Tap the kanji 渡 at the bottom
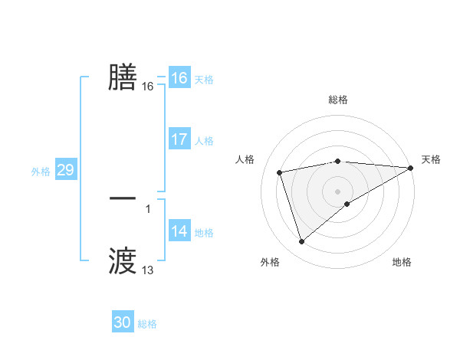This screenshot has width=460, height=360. [x=123, y=260]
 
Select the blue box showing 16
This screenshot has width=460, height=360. [x=179, y=78]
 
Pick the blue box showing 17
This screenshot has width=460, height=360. [x=179, y=139]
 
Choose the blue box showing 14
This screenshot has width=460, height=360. [x=179, y=231]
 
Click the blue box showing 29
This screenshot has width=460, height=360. [x=65, y=170]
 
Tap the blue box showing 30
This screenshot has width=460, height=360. [x=123, y=322]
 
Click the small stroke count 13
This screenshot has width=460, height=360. [x=148, y=270]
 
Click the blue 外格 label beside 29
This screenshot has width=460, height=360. [x=41, y=172]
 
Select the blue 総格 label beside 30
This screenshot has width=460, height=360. [x=147, y=324]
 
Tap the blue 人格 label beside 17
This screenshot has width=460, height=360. [x=204, y=141]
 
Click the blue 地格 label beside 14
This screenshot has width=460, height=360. [x=204, y=233]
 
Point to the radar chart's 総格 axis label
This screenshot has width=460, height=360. [x=338, y=100]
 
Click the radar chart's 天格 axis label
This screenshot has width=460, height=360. [x=431, y=159]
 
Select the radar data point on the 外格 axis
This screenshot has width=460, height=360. [x=301, y=242]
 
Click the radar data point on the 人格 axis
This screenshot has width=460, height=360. [x=280, y=172]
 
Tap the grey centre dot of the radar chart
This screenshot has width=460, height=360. [x=338, y=191]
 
